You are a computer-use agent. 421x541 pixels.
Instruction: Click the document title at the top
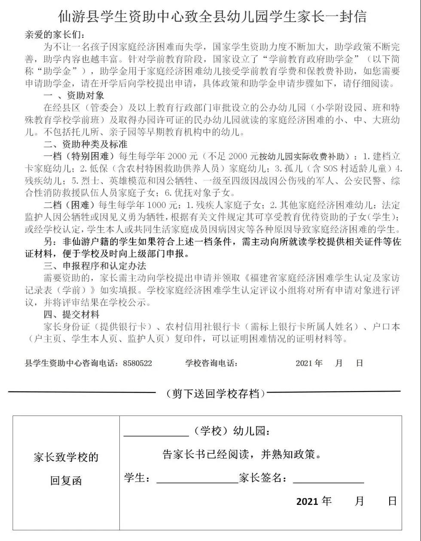(x=212, y=17)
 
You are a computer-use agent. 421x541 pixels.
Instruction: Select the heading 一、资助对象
(x=74, y=95)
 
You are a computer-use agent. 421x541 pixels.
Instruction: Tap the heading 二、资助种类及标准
(x=85, y=144)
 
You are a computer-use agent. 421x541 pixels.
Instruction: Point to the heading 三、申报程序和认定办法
(x=95, y=266)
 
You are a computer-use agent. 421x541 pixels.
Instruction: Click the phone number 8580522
(x=137, y=363)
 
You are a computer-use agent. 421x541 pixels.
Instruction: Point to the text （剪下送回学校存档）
(x=216, y=393)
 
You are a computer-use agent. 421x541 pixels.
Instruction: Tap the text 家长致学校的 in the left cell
(x=66, y=457)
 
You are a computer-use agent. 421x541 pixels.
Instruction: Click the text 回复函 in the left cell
(x=66, y=480)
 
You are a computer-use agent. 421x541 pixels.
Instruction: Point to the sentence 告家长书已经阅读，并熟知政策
(x=242, y=455)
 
